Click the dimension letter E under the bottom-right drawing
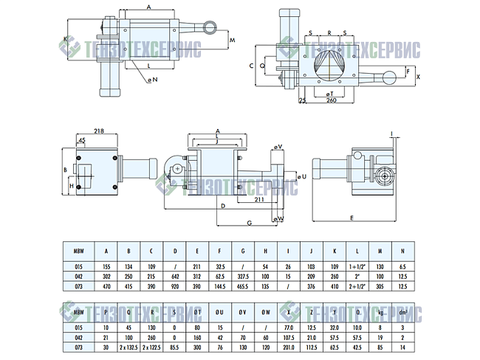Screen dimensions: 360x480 pos(351,218)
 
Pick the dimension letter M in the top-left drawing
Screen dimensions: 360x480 pos(231,39)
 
